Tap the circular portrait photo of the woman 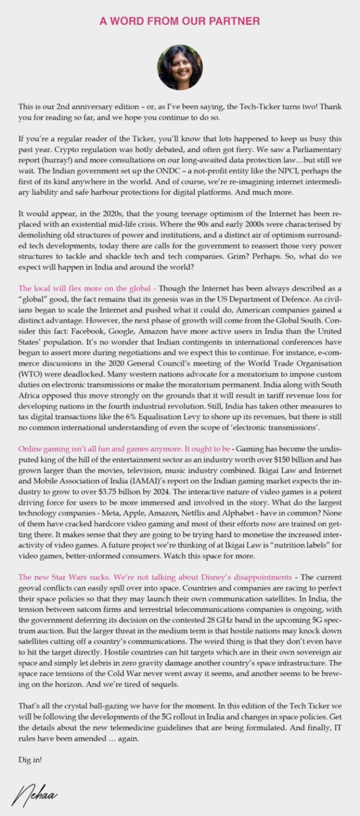180,68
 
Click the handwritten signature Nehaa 34,797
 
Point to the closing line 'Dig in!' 30,760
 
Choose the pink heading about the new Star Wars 155,577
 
